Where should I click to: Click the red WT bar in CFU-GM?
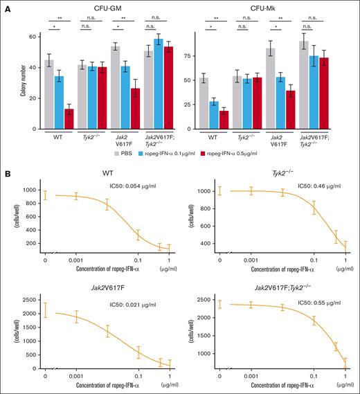[69, 119]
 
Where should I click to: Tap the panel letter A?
[6, 6]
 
